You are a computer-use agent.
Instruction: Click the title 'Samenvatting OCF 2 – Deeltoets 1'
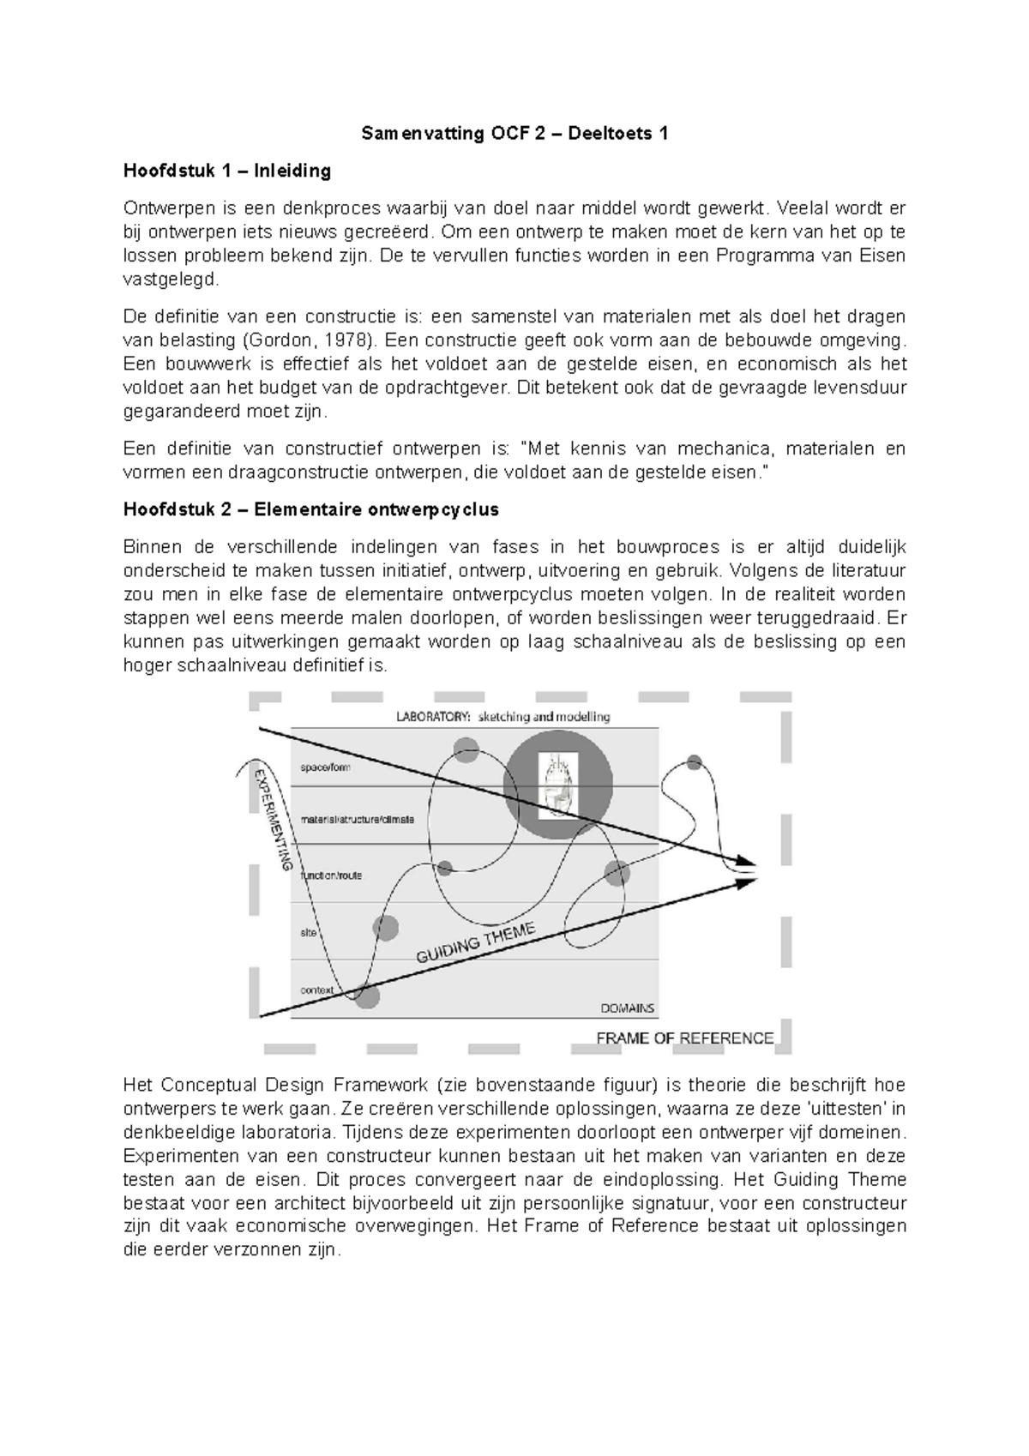point(514,134)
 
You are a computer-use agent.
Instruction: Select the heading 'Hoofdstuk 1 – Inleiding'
point(227,171)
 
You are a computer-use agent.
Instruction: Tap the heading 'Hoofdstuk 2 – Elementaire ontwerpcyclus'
point(310,509)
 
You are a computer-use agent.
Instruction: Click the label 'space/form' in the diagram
point(325,767)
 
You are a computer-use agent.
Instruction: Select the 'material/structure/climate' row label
point(357,820)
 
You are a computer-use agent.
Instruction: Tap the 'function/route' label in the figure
point(331,875)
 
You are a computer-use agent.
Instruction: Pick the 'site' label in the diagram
point(308,932)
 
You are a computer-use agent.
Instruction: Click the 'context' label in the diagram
point(316,990)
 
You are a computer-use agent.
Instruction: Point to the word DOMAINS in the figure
point(627,1008)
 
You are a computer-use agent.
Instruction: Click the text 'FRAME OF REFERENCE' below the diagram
point(684,1038)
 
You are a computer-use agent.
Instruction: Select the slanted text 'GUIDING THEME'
point(476,943)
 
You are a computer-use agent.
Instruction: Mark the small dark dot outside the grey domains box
point(695,762)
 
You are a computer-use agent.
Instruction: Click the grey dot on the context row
point(367,996)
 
